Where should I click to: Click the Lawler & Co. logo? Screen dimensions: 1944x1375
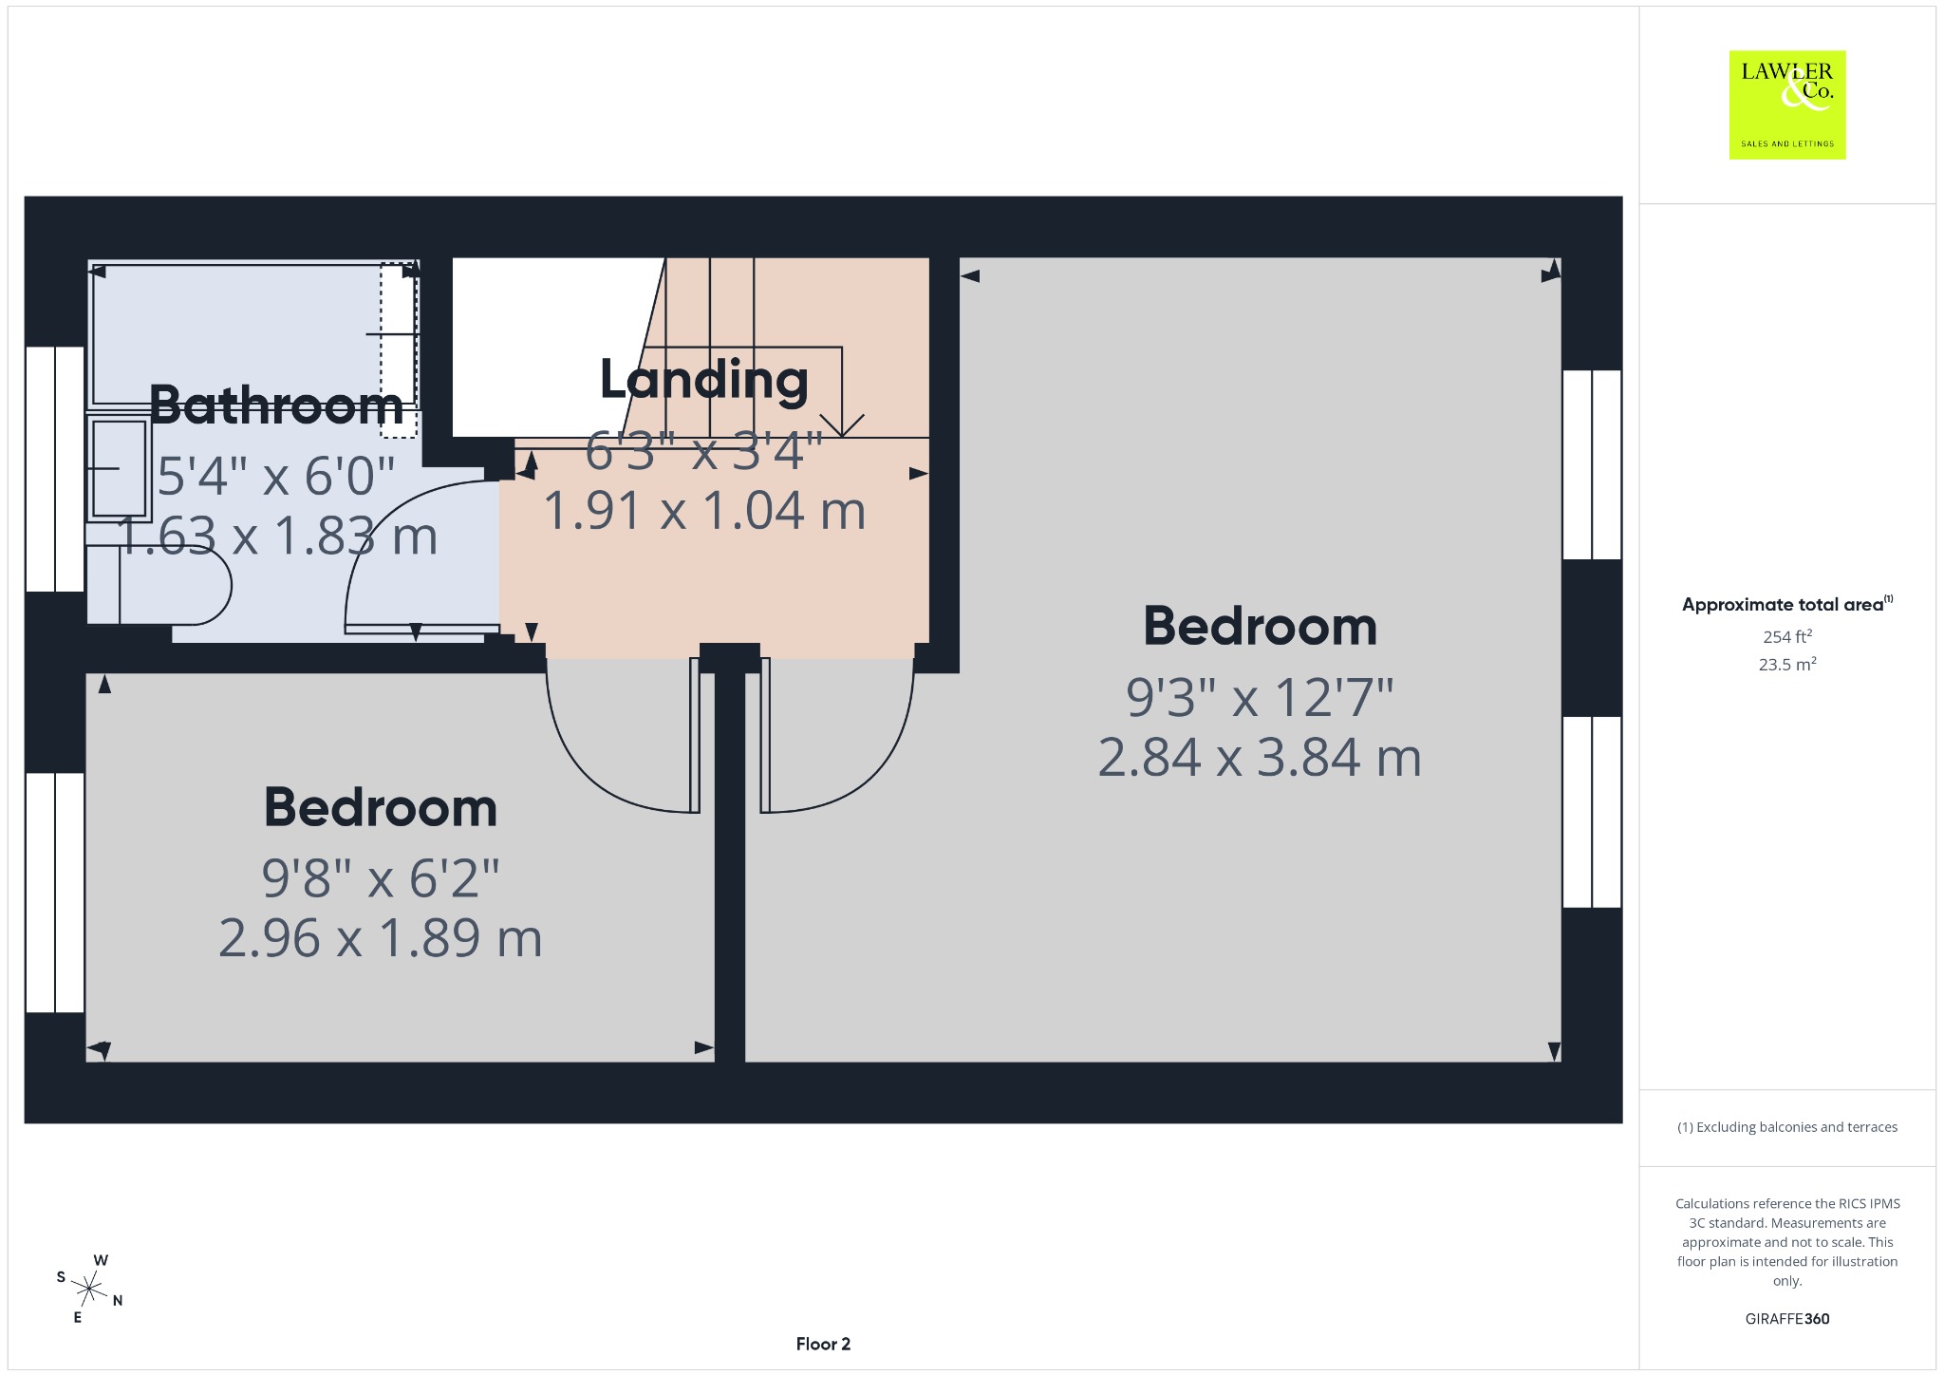coord(1787,104)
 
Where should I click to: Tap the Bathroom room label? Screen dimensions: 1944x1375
coord(276,405)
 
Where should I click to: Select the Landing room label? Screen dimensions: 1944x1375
coord(704,380)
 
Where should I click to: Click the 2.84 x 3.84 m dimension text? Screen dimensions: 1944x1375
coord(1260,758)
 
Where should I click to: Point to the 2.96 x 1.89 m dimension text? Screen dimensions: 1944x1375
coord(381,938)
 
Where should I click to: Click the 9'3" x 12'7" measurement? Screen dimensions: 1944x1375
coord(1260,698)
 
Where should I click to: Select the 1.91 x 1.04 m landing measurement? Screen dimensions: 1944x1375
coord(704,510)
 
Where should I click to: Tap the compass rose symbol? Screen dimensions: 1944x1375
coord(89,1289)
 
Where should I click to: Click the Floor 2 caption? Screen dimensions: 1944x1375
coord(823,1344)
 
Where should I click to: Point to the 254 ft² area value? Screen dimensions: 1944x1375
coord(1787,636)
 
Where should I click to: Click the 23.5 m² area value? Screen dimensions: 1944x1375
coord(1787,664)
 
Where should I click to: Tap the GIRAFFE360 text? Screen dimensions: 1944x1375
coord(1787,1318)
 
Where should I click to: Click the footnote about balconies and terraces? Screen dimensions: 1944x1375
coord(1787,1127)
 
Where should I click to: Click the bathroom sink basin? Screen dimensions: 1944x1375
coord(118,468)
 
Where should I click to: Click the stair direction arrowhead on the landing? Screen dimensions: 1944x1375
coord(841,425)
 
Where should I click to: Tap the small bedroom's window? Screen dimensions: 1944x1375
coord(55,893)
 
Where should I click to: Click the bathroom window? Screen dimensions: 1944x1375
coord(55,469)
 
